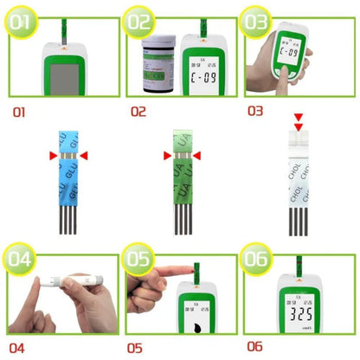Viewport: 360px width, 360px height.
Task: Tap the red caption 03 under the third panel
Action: click(x=254, y=111)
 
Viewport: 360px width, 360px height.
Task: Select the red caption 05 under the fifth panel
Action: click(x=135, y=348)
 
